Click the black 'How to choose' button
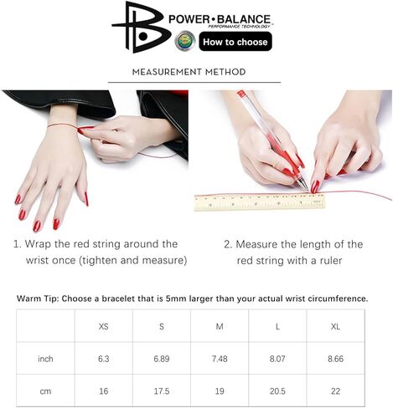[235, 42]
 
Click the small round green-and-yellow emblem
[186, 41]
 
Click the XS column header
[103, 325]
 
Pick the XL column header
[335, 325]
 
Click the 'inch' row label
[45, 358]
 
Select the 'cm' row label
[45, 390]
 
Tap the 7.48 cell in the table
[220, 358]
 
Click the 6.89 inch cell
[162, 358]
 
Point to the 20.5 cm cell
[277, 390]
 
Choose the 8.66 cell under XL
[335, 358]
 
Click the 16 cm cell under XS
[103, 390]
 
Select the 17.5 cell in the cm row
[162, 390]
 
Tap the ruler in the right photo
[251, 201]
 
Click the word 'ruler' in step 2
[334, 260]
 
